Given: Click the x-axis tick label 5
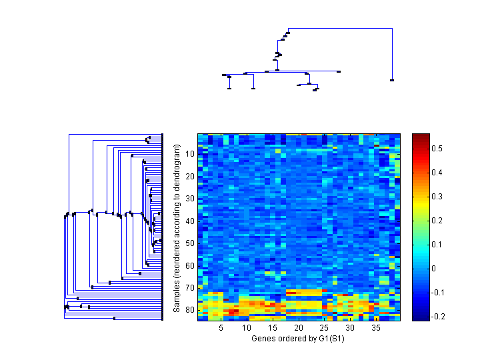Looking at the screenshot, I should click(220, 328).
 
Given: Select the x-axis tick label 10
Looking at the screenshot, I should click(247, 328).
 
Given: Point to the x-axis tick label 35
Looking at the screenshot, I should click(376, 328).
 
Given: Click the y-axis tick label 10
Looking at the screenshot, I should click(190, 154).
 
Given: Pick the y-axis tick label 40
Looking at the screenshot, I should click(190, 221).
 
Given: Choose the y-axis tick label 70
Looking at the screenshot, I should click(190, 287).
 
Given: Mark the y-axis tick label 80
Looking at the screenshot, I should click(190, 310).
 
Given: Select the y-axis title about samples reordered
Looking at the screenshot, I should click(177, 227).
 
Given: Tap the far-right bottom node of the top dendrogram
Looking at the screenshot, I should click(392, 80).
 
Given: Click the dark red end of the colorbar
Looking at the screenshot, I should click(420, 136).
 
